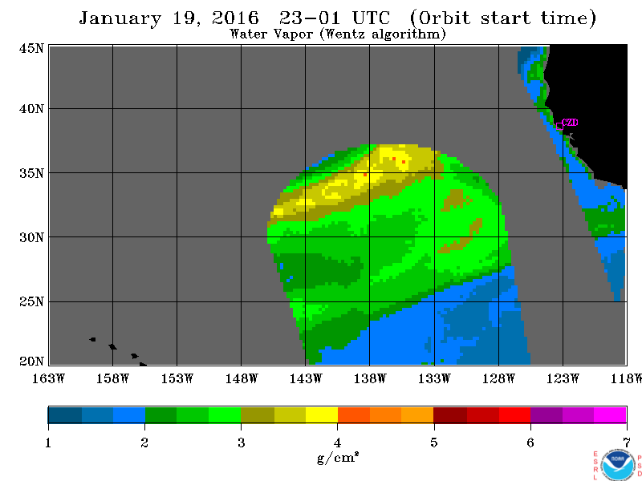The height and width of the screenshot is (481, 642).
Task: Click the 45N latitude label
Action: tap(31, 48)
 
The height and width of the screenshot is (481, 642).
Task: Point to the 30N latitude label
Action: tap(31, 237)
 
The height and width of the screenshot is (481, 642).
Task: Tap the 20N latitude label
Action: tap(31, 362)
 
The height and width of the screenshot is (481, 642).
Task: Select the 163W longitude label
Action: tap(49, 378)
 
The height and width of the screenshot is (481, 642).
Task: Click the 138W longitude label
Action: tap(370, 378)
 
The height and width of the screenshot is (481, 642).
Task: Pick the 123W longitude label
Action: tap(563, 378)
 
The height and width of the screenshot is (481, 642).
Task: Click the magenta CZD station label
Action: tap(570, 123)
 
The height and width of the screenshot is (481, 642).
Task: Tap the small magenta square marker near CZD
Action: tap(559, 127)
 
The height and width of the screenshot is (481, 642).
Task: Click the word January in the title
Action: tap(120, 18)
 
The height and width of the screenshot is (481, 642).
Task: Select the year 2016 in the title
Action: tap(235, 18)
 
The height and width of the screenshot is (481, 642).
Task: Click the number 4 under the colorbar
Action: tap(337, 443)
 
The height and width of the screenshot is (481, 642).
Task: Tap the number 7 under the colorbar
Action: tap(627, 443)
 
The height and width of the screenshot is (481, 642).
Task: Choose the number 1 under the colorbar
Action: tap(48, 443)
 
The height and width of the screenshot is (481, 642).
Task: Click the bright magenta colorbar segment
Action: tap(610, 414)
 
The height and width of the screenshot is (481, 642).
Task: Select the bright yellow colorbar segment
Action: tap(322, 414)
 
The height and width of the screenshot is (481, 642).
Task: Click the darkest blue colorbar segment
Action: tap(65, 414)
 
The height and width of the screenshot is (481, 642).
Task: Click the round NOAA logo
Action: tap(617, 466)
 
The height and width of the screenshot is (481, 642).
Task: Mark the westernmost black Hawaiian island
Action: tap(93, 339)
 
